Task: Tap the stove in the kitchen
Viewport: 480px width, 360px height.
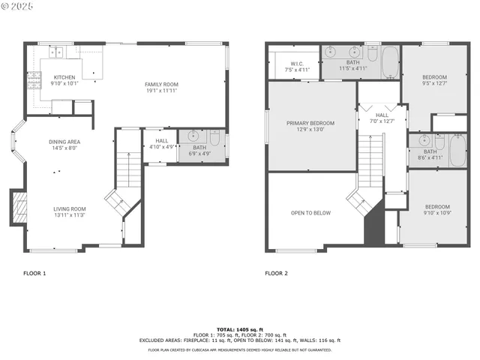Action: pos(33,79)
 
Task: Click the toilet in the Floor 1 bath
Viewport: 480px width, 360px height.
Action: pos(214,138)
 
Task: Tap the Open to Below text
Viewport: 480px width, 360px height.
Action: pos(310,213)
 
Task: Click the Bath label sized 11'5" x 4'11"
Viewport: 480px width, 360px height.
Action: pos(352,65)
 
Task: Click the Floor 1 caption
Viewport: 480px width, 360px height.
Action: pos(34,274)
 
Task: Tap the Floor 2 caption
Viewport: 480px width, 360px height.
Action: pos(276,274)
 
